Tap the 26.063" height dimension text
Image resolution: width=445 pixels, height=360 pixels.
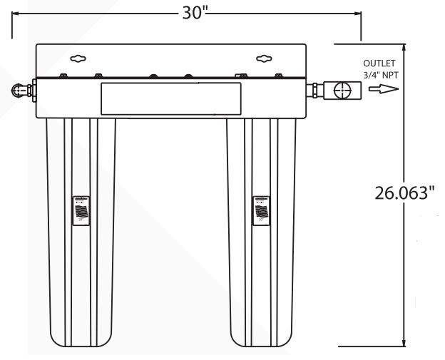(404, 192)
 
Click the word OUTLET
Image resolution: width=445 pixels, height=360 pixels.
(378, 63)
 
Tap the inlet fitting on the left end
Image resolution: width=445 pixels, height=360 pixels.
(19, 91)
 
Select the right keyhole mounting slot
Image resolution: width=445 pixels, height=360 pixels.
(262, 60)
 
